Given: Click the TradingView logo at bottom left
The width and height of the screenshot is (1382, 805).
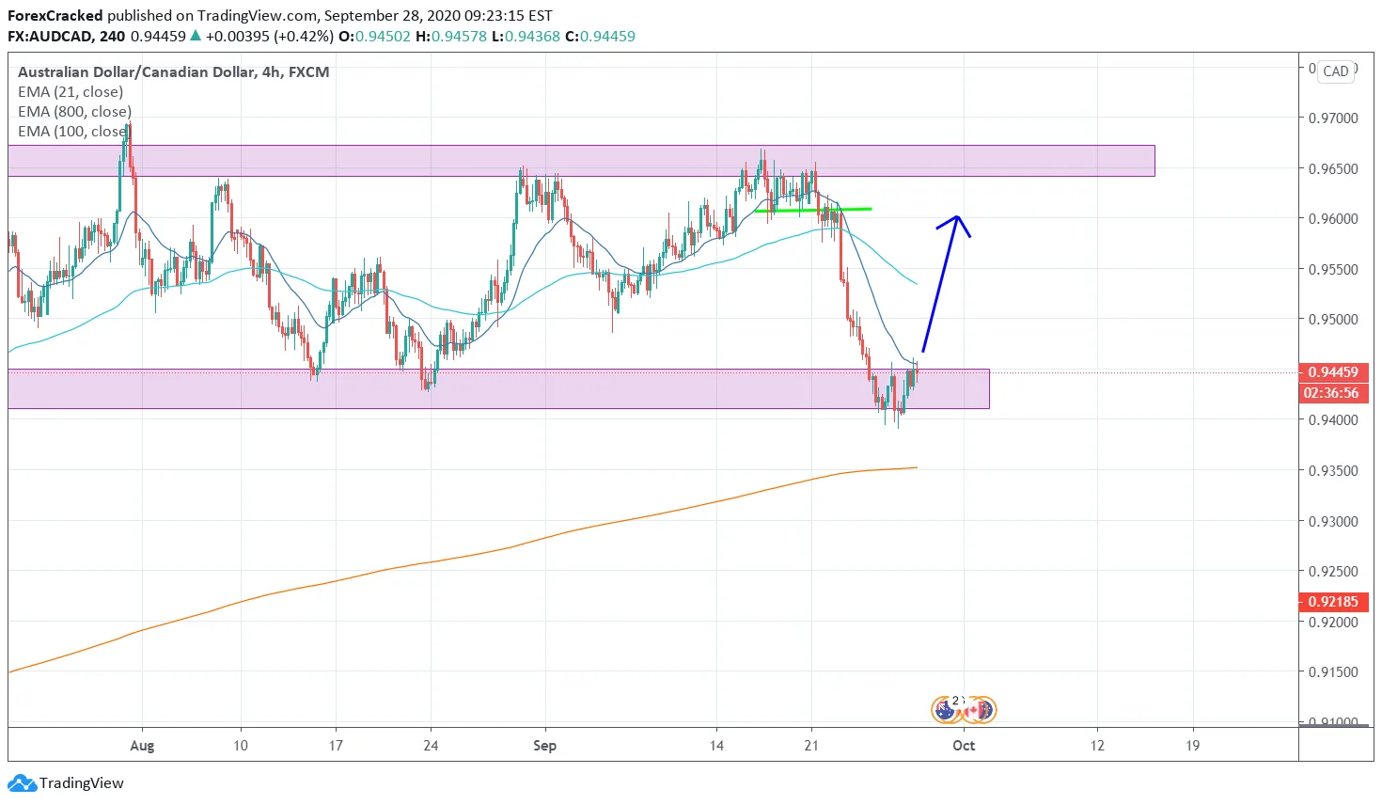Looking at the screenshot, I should click(x=66, y=783).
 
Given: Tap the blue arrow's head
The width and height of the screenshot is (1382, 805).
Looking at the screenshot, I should click(x=956, y=219).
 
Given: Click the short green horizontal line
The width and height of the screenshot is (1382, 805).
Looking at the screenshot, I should click(x=813, y=210).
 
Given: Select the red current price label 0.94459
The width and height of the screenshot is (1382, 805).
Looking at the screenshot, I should click(x=1332, y=372).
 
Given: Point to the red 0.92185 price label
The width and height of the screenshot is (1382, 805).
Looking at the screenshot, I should click(x=1332, y=602).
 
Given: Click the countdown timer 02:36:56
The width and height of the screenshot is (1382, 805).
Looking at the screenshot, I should click(x=1332, y=393).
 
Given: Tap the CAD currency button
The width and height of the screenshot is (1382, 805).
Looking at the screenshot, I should click(x=1335, y=71).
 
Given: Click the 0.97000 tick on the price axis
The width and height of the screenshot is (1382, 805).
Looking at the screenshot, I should click(x=1333, y=118).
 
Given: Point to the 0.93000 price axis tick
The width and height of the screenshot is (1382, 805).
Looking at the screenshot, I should click(x=1333, y=521).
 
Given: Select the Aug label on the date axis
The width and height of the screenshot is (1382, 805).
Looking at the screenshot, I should click(x=142, y=746).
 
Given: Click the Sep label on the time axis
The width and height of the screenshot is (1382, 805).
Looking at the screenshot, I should click(x=544, y=746).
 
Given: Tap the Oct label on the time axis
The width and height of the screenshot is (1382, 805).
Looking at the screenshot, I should click(x=964, y=746).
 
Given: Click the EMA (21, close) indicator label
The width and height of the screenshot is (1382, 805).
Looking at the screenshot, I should click(x=71, y=92).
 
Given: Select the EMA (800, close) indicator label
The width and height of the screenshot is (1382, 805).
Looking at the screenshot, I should click(x=74, y=112).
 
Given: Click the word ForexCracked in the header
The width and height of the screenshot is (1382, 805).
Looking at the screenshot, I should click(x=55, y=16).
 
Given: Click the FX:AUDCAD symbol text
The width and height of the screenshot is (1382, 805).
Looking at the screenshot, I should click(x=49, y=37).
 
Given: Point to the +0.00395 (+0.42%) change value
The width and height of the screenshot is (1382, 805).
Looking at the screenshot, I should click(x=269, y=37).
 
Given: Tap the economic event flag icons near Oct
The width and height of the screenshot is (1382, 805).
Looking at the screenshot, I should click(x=963, y=709).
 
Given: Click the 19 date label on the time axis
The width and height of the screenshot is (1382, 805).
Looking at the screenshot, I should click(x=1192, y=746).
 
